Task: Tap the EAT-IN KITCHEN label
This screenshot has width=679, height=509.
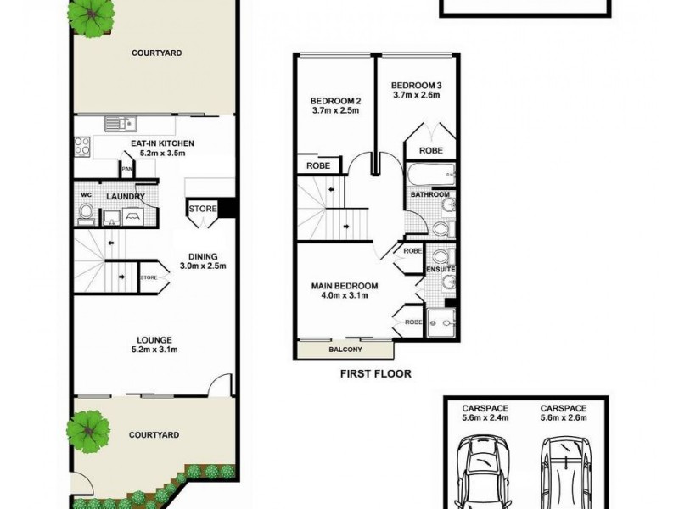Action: pyautogui.click(x=161, y=143)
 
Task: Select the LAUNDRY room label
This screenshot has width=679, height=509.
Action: pyautogui.click(x=125, y=198)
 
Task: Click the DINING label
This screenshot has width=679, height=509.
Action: pyautogui.click(x=204, y=257)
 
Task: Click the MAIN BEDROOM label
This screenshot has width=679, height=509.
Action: pyautogui.click(x=344, y=286)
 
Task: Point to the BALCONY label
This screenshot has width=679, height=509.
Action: pyautogui.click(x=345, y=350)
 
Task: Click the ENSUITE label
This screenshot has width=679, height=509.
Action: pyautogui.click(x=441, y=270)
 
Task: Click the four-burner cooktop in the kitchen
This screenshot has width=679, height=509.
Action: pyautogui.click(x=83, y=146)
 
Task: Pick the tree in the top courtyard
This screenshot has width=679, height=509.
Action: pyautogui.click(x=93, y=14)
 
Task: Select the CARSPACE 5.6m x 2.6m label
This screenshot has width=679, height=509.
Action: pyautogui.click(x=564, y=411)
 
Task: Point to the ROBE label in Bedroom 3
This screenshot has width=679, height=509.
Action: pyautogui.click(x=430, y=150)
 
